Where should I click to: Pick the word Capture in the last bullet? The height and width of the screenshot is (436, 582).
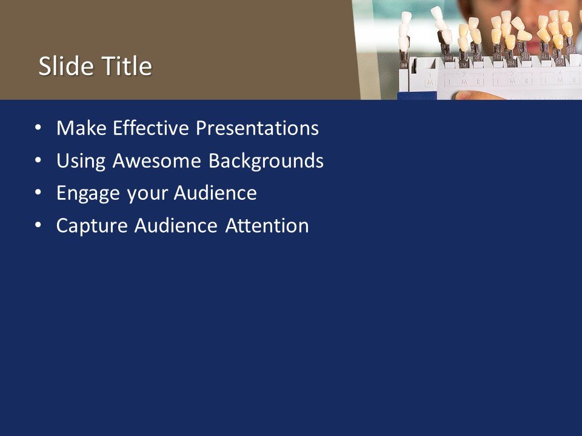tap(93, 226)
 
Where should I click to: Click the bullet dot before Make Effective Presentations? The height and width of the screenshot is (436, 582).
tap(39, 128)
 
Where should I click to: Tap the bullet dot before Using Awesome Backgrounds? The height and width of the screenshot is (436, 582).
tap(39, 161)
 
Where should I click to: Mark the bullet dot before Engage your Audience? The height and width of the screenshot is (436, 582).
tap(39, 193)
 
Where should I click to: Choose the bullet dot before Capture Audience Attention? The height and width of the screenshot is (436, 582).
tap(39, 225)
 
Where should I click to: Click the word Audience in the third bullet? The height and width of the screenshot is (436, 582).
tap(215, 194)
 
